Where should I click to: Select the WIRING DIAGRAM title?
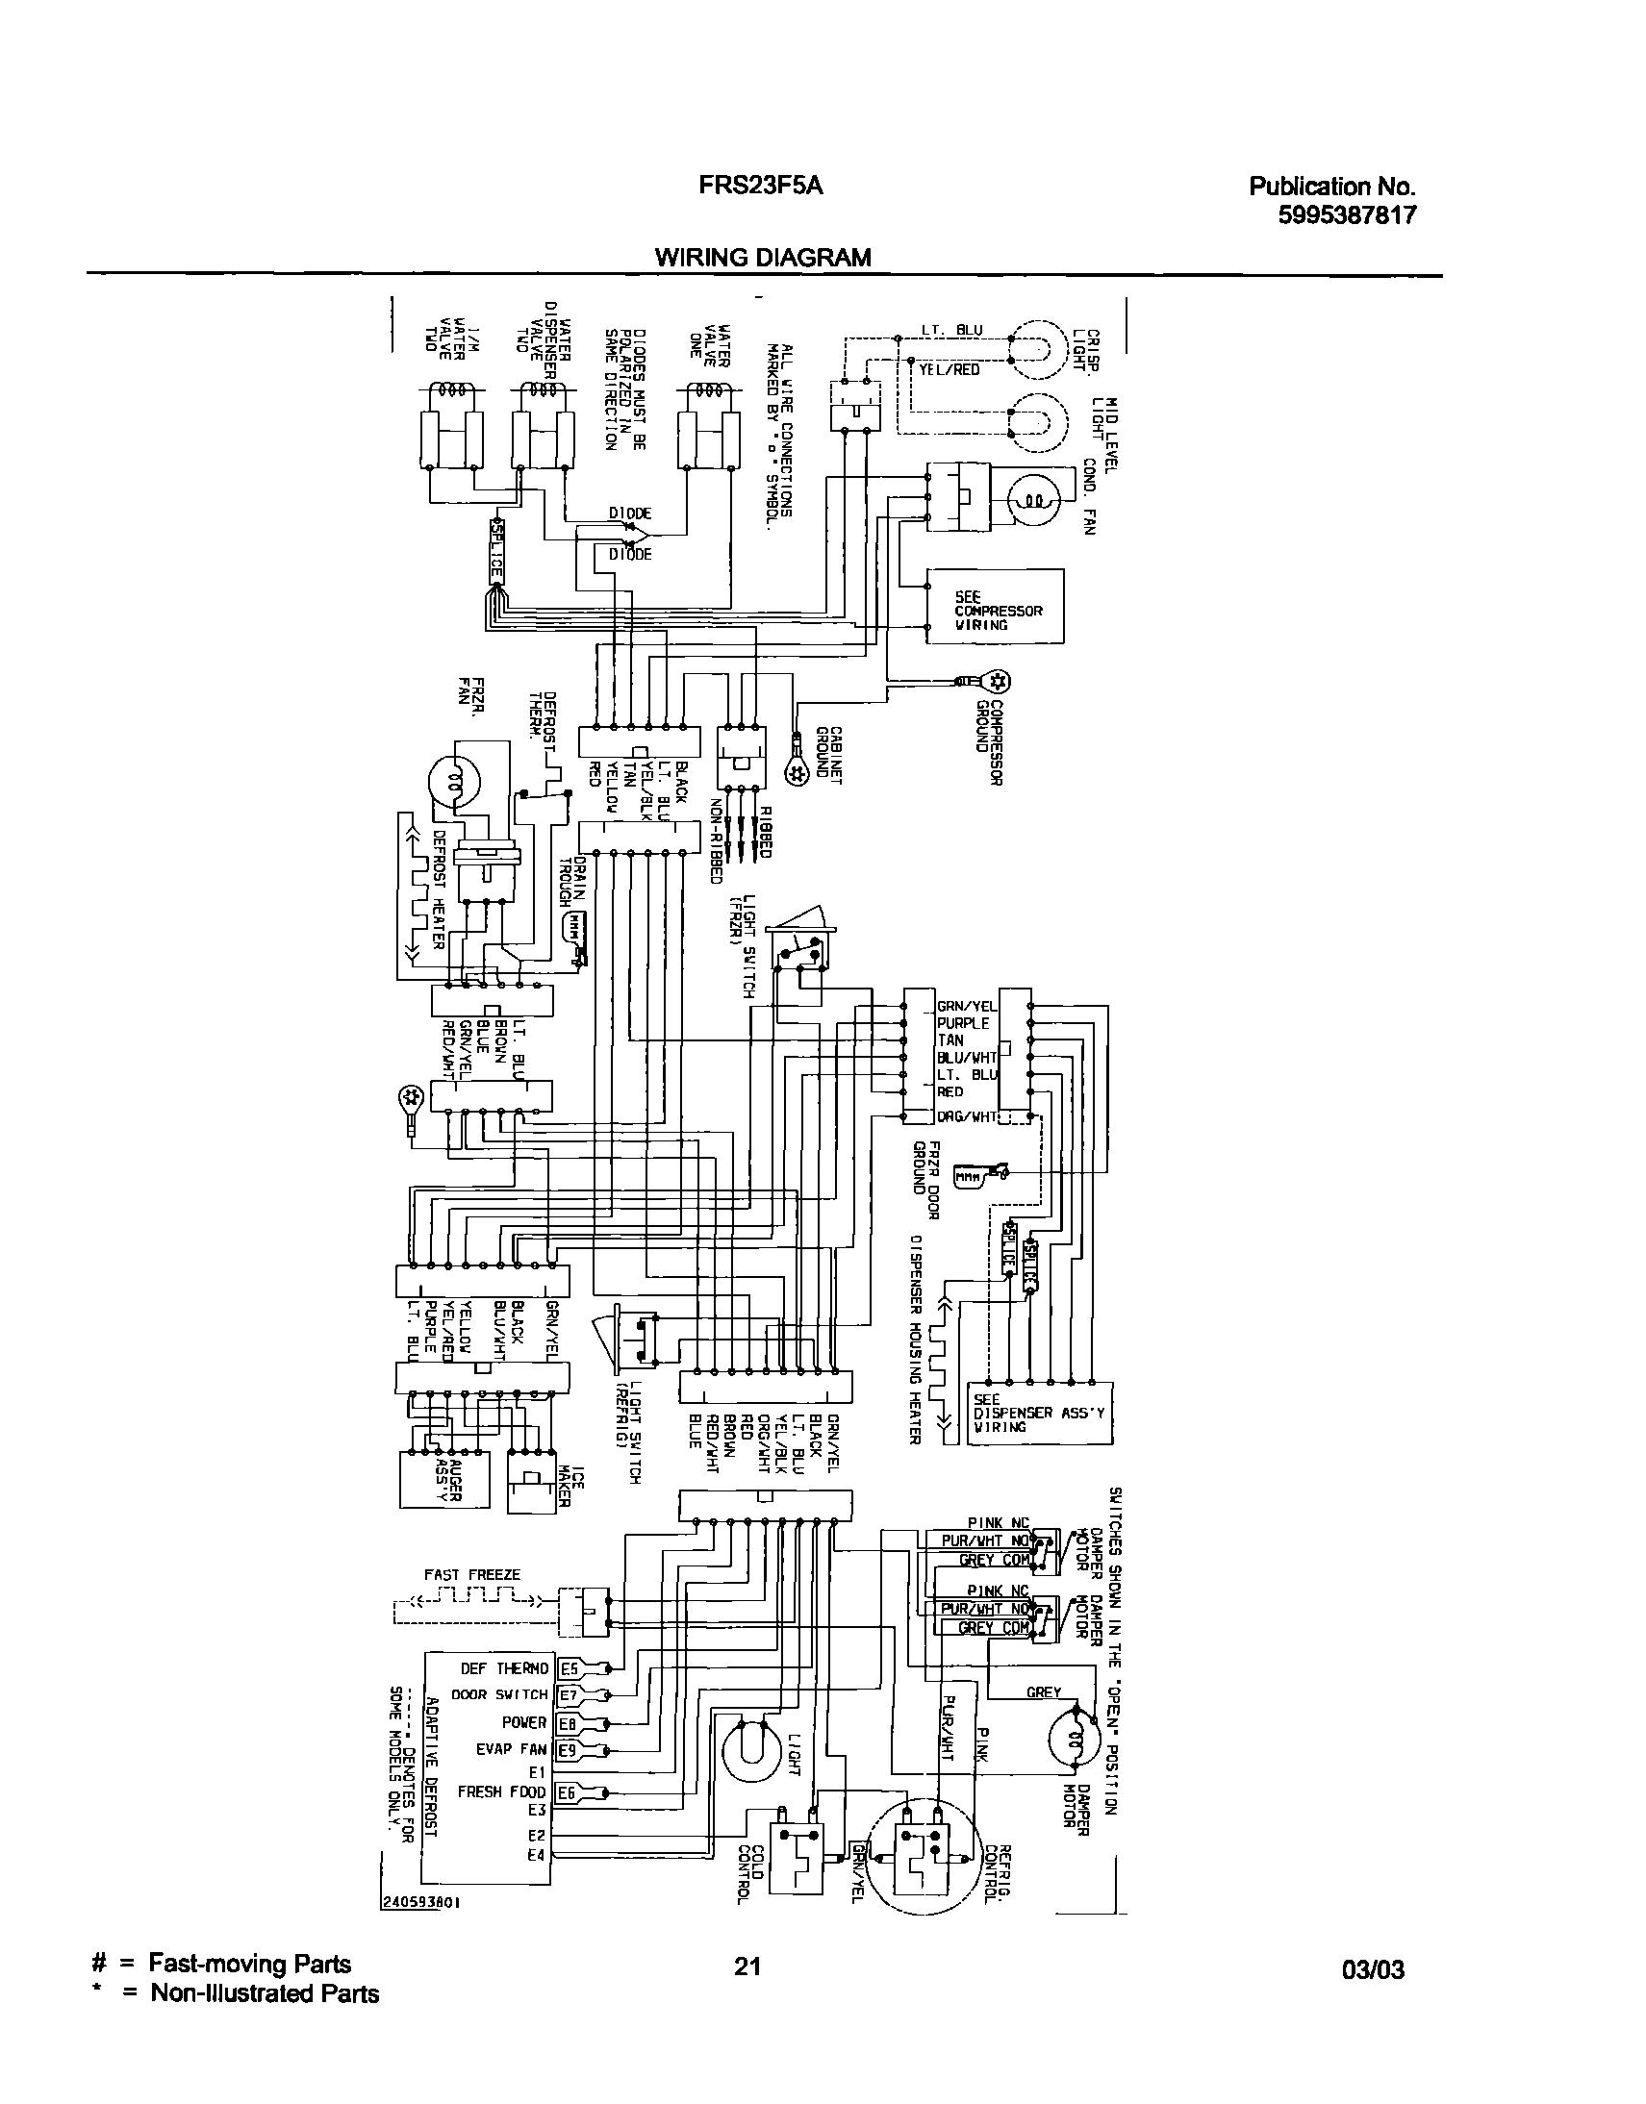762,257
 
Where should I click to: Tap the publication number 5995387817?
1347,215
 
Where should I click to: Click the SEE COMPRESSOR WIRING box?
995,606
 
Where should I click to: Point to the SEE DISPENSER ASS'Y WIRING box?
1039,1414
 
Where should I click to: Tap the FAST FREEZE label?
472,1575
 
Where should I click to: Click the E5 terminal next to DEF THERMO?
569,1668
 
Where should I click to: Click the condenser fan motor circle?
1033,500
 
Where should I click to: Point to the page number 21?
747,1966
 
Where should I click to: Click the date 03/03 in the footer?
1374,1969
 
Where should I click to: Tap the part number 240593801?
422,1904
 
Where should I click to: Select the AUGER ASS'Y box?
439,1479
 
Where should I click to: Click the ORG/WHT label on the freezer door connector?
967,1117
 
